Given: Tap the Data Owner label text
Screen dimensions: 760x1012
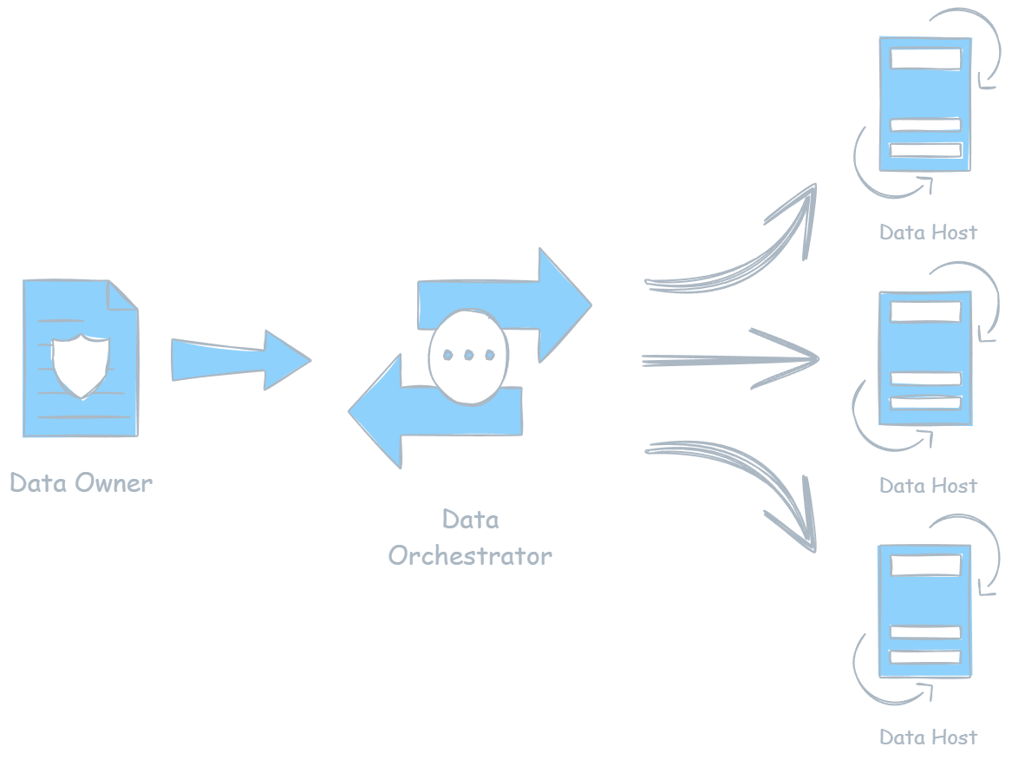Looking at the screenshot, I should click(81, 483).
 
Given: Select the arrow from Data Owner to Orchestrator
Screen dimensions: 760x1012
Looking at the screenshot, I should click(238, 357).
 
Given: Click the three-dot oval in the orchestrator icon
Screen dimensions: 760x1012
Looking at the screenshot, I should click(467, 356).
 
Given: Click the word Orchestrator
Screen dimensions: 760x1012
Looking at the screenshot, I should click(469, 555).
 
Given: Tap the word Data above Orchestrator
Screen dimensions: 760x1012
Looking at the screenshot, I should click(470, 520).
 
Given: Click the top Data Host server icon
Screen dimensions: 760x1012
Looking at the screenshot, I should click(924, 104).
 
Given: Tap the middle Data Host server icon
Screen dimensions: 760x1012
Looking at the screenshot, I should click(924, 358).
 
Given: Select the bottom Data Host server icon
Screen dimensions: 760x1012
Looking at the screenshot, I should click(924, 611).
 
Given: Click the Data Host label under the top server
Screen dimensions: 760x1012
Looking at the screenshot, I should click(928, 233).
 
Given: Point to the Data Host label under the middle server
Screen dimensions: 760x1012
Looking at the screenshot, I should click(928, 486).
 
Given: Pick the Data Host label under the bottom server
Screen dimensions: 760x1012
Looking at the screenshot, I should click(928, 737).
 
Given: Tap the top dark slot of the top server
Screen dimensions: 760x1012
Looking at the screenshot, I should click(925, 59).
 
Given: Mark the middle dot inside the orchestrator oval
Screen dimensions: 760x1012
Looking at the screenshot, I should click(467, 355).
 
